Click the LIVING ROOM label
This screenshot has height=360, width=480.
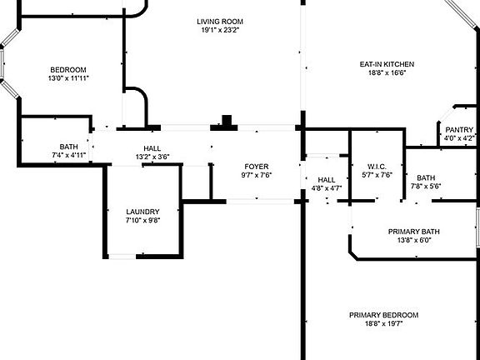point(220,22)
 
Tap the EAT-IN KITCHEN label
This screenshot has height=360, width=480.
point(387,64)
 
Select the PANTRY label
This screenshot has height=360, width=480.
point(459,130)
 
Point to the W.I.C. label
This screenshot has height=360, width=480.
point(377,167)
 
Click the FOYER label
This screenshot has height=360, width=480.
point(257,167)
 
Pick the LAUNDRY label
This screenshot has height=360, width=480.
point(142,212)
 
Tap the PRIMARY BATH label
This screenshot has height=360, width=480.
point(414,232)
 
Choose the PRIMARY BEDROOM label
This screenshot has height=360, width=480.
point(384,315)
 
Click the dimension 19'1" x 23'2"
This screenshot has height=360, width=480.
point(220,30)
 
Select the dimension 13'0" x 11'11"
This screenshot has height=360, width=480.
point(68,78)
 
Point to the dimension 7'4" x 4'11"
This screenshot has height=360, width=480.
point(68,155)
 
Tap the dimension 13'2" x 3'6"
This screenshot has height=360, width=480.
point(152,157)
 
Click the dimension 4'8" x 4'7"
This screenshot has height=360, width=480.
point(327,188)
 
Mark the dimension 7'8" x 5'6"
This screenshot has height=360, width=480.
point(426,186)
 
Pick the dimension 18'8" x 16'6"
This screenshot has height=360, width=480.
point(387,72)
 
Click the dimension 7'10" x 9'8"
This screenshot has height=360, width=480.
point(142,220)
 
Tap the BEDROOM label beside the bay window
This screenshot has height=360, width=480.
point(68,70)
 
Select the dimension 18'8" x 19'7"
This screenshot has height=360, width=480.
point(384,323)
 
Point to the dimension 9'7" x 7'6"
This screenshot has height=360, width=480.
point(257,175)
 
